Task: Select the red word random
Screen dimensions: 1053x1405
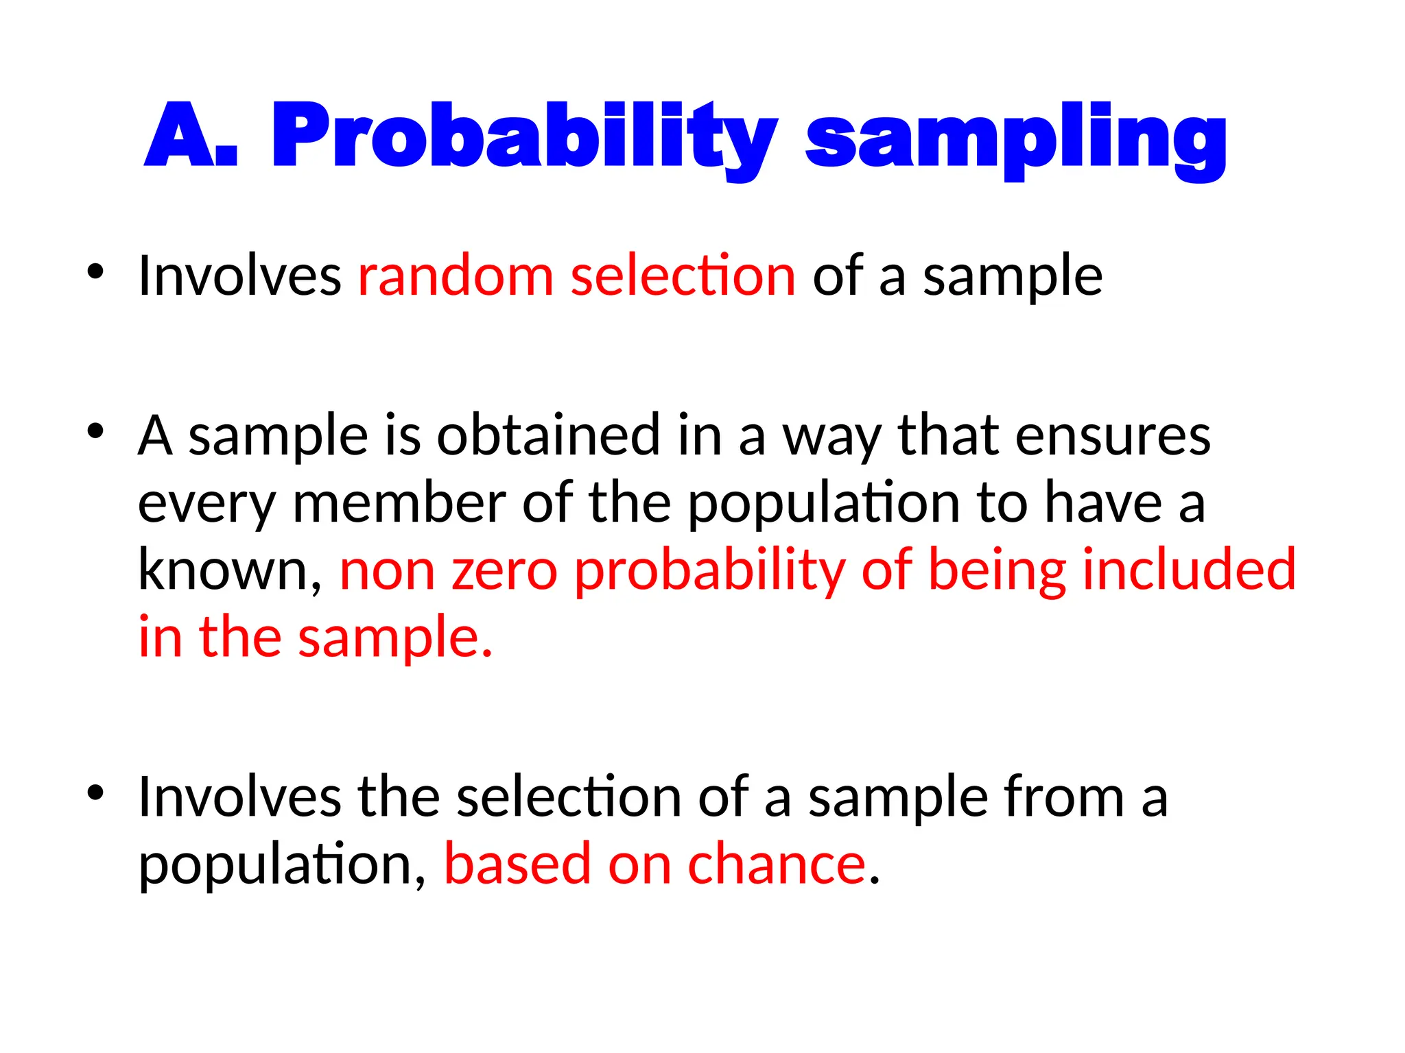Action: coord(456,276)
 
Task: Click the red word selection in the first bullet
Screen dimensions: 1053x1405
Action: coord(683,276)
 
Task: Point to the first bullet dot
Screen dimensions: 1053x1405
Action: coord(95,271)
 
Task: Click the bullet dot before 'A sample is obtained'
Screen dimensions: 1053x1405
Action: coord(95,431)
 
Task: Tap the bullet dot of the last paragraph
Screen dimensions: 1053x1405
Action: coord(95,792)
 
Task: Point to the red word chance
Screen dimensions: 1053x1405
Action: coord(777,864)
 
